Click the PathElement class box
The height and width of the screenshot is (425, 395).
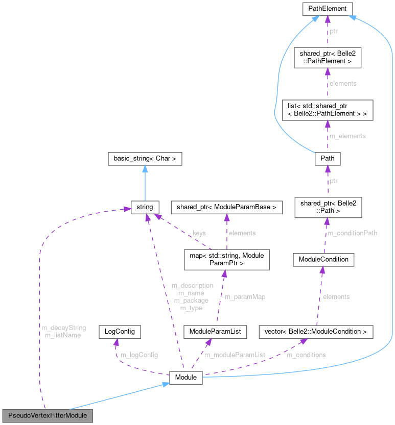pyautogui.click(x=328, y=9)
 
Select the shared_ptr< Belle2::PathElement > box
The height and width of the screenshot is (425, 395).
pyautogui.click(x=328, y=57)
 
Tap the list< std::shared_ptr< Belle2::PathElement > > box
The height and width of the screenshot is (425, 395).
pyautogui.click(x=328, y=110)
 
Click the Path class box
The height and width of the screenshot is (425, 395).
pyautogui.click(x=328, y=158)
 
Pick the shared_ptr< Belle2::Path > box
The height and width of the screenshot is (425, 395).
pyautogui.click(x=328, y=207)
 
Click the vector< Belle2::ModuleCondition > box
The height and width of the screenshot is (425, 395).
pyautogui.click(x=316, y=332)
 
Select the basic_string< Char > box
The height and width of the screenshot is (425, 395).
pyautogui.click(x=145, y=159)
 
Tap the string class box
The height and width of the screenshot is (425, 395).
pyautogui.click(x=145, y=207)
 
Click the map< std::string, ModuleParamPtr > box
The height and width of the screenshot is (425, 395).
pyautogui.click(x=224, y=259)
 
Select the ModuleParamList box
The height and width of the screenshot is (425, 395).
pyautogui.click(x=215, y=332)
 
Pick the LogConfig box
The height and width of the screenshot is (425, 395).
pyautogui.click(x=120, y=332)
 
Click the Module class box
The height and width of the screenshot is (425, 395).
pyautogui.click(x=186, y=378)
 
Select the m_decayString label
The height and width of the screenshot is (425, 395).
pyautogui.click(x=65, y=328)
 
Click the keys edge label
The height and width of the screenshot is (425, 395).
pyautogui.click(x=199, y=233)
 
